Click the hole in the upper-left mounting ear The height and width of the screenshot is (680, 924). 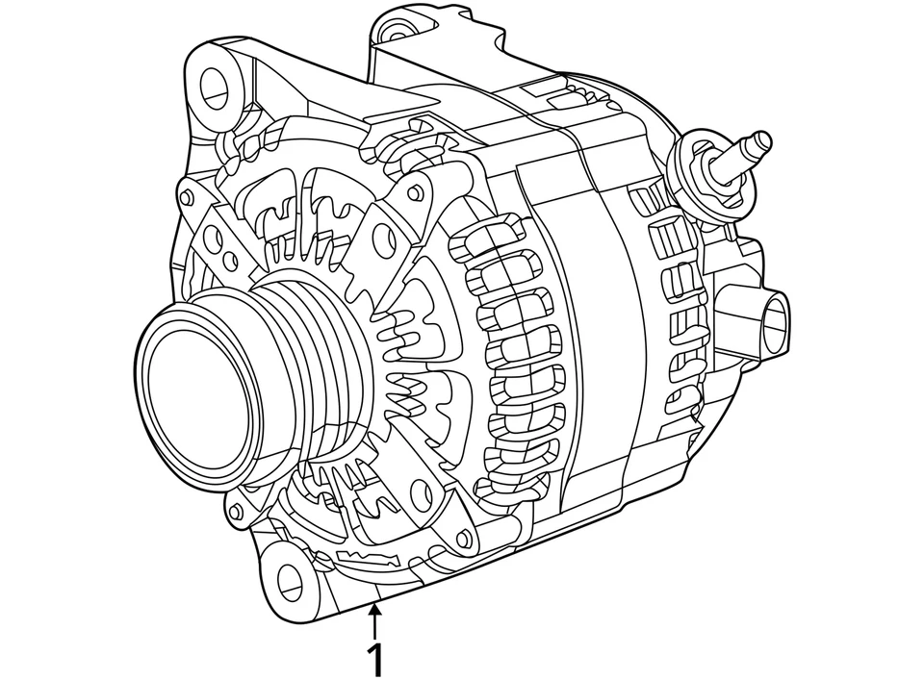[x=215, y=88]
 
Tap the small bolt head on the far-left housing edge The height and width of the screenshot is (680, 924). [x=186, y=197]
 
